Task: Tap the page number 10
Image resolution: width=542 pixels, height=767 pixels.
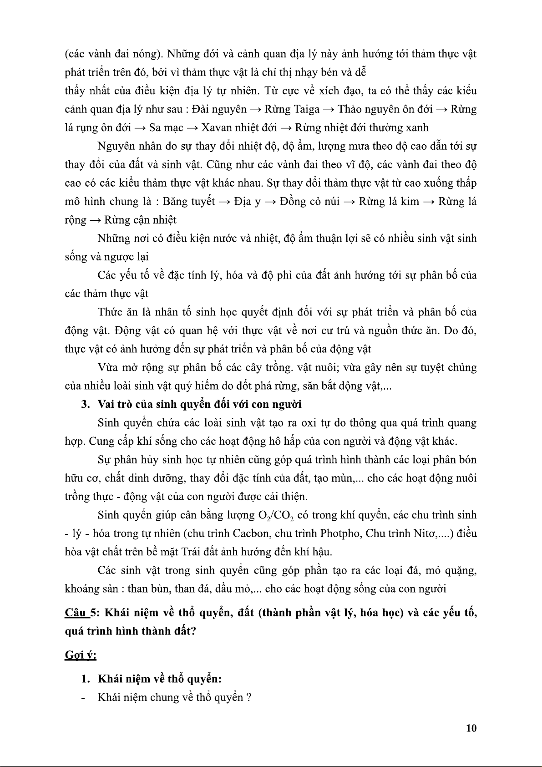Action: pyautogui.click(x=471, y=728)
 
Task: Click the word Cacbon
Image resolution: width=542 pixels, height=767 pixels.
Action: pyautogui.click(x=249, y=533)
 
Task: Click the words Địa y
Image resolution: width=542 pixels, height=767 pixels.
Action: pyautogui.click(x=248, y=202)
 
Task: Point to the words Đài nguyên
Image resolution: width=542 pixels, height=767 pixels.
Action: pyautogui.click(x=219, y=109)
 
